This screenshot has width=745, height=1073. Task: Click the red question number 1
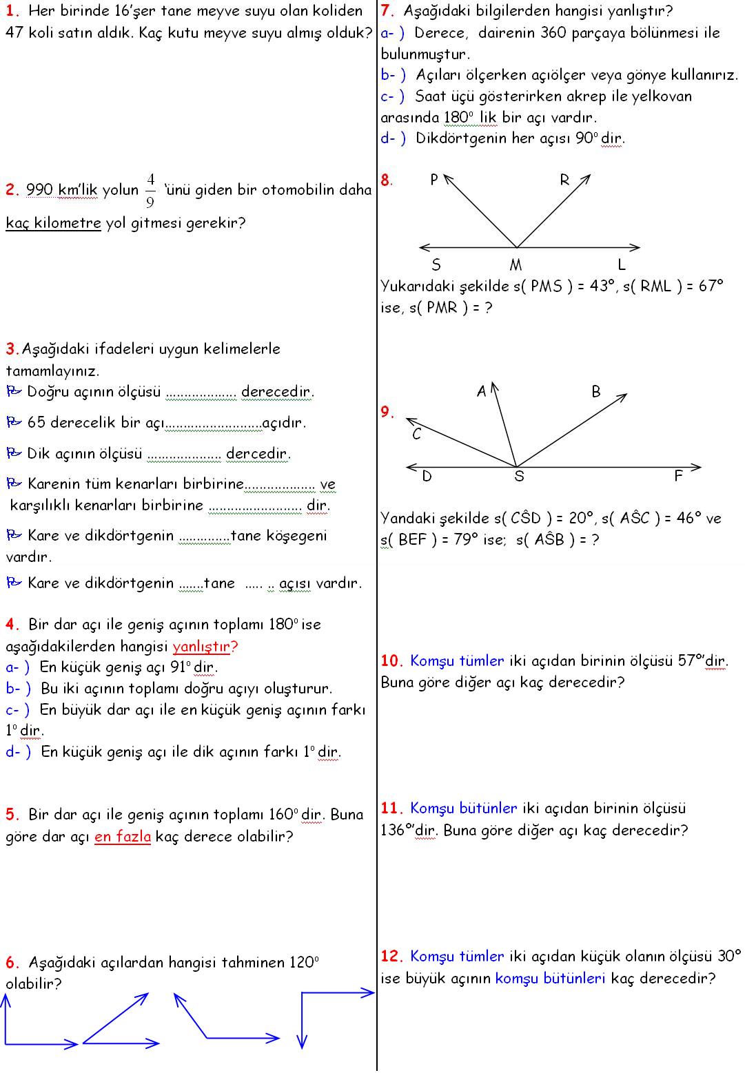12,11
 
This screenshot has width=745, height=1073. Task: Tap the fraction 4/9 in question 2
150,189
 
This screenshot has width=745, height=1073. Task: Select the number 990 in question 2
39,190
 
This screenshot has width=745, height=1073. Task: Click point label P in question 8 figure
434,180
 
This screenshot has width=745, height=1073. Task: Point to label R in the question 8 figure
564,180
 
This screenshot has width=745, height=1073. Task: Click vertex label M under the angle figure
516,265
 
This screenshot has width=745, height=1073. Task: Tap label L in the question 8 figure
622,265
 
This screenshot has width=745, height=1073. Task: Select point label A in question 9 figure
482,392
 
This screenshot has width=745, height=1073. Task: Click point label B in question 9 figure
596,392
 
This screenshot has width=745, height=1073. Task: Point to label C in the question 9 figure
417,435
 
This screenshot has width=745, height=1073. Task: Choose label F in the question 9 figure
678,476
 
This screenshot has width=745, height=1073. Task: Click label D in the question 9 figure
427,476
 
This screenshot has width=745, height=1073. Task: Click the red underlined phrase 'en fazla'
123,836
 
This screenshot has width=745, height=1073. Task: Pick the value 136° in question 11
398,830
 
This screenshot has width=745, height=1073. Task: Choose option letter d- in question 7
391,138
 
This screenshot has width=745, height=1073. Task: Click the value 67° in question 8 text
711,287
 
